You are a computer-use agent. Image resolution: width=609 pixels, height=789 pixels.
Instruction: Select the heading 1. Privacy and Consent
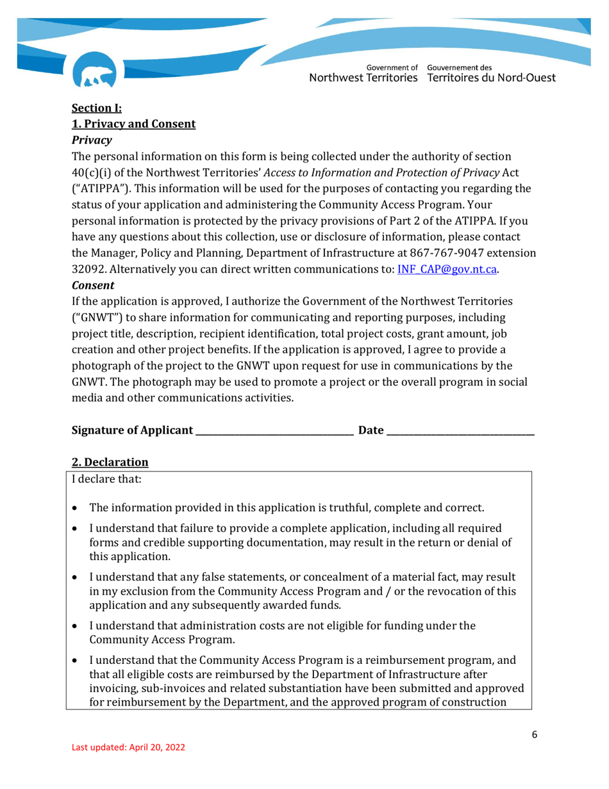click(x=133, y=124)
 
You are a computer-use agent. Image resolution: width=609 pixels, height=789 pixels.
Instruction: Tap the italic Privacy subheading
click(x=92, y=140)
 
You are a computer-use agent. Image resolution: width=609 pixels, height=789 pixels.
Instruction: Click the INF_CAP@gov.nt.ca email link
click(x=447, y=269)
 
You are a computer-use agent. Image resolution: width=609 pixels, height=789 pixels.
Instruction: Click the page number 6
click(x=534, y=734)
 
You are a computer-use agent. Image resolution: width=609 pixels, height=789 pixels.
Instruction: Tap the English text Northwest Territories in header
click(x=364, y=78)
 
